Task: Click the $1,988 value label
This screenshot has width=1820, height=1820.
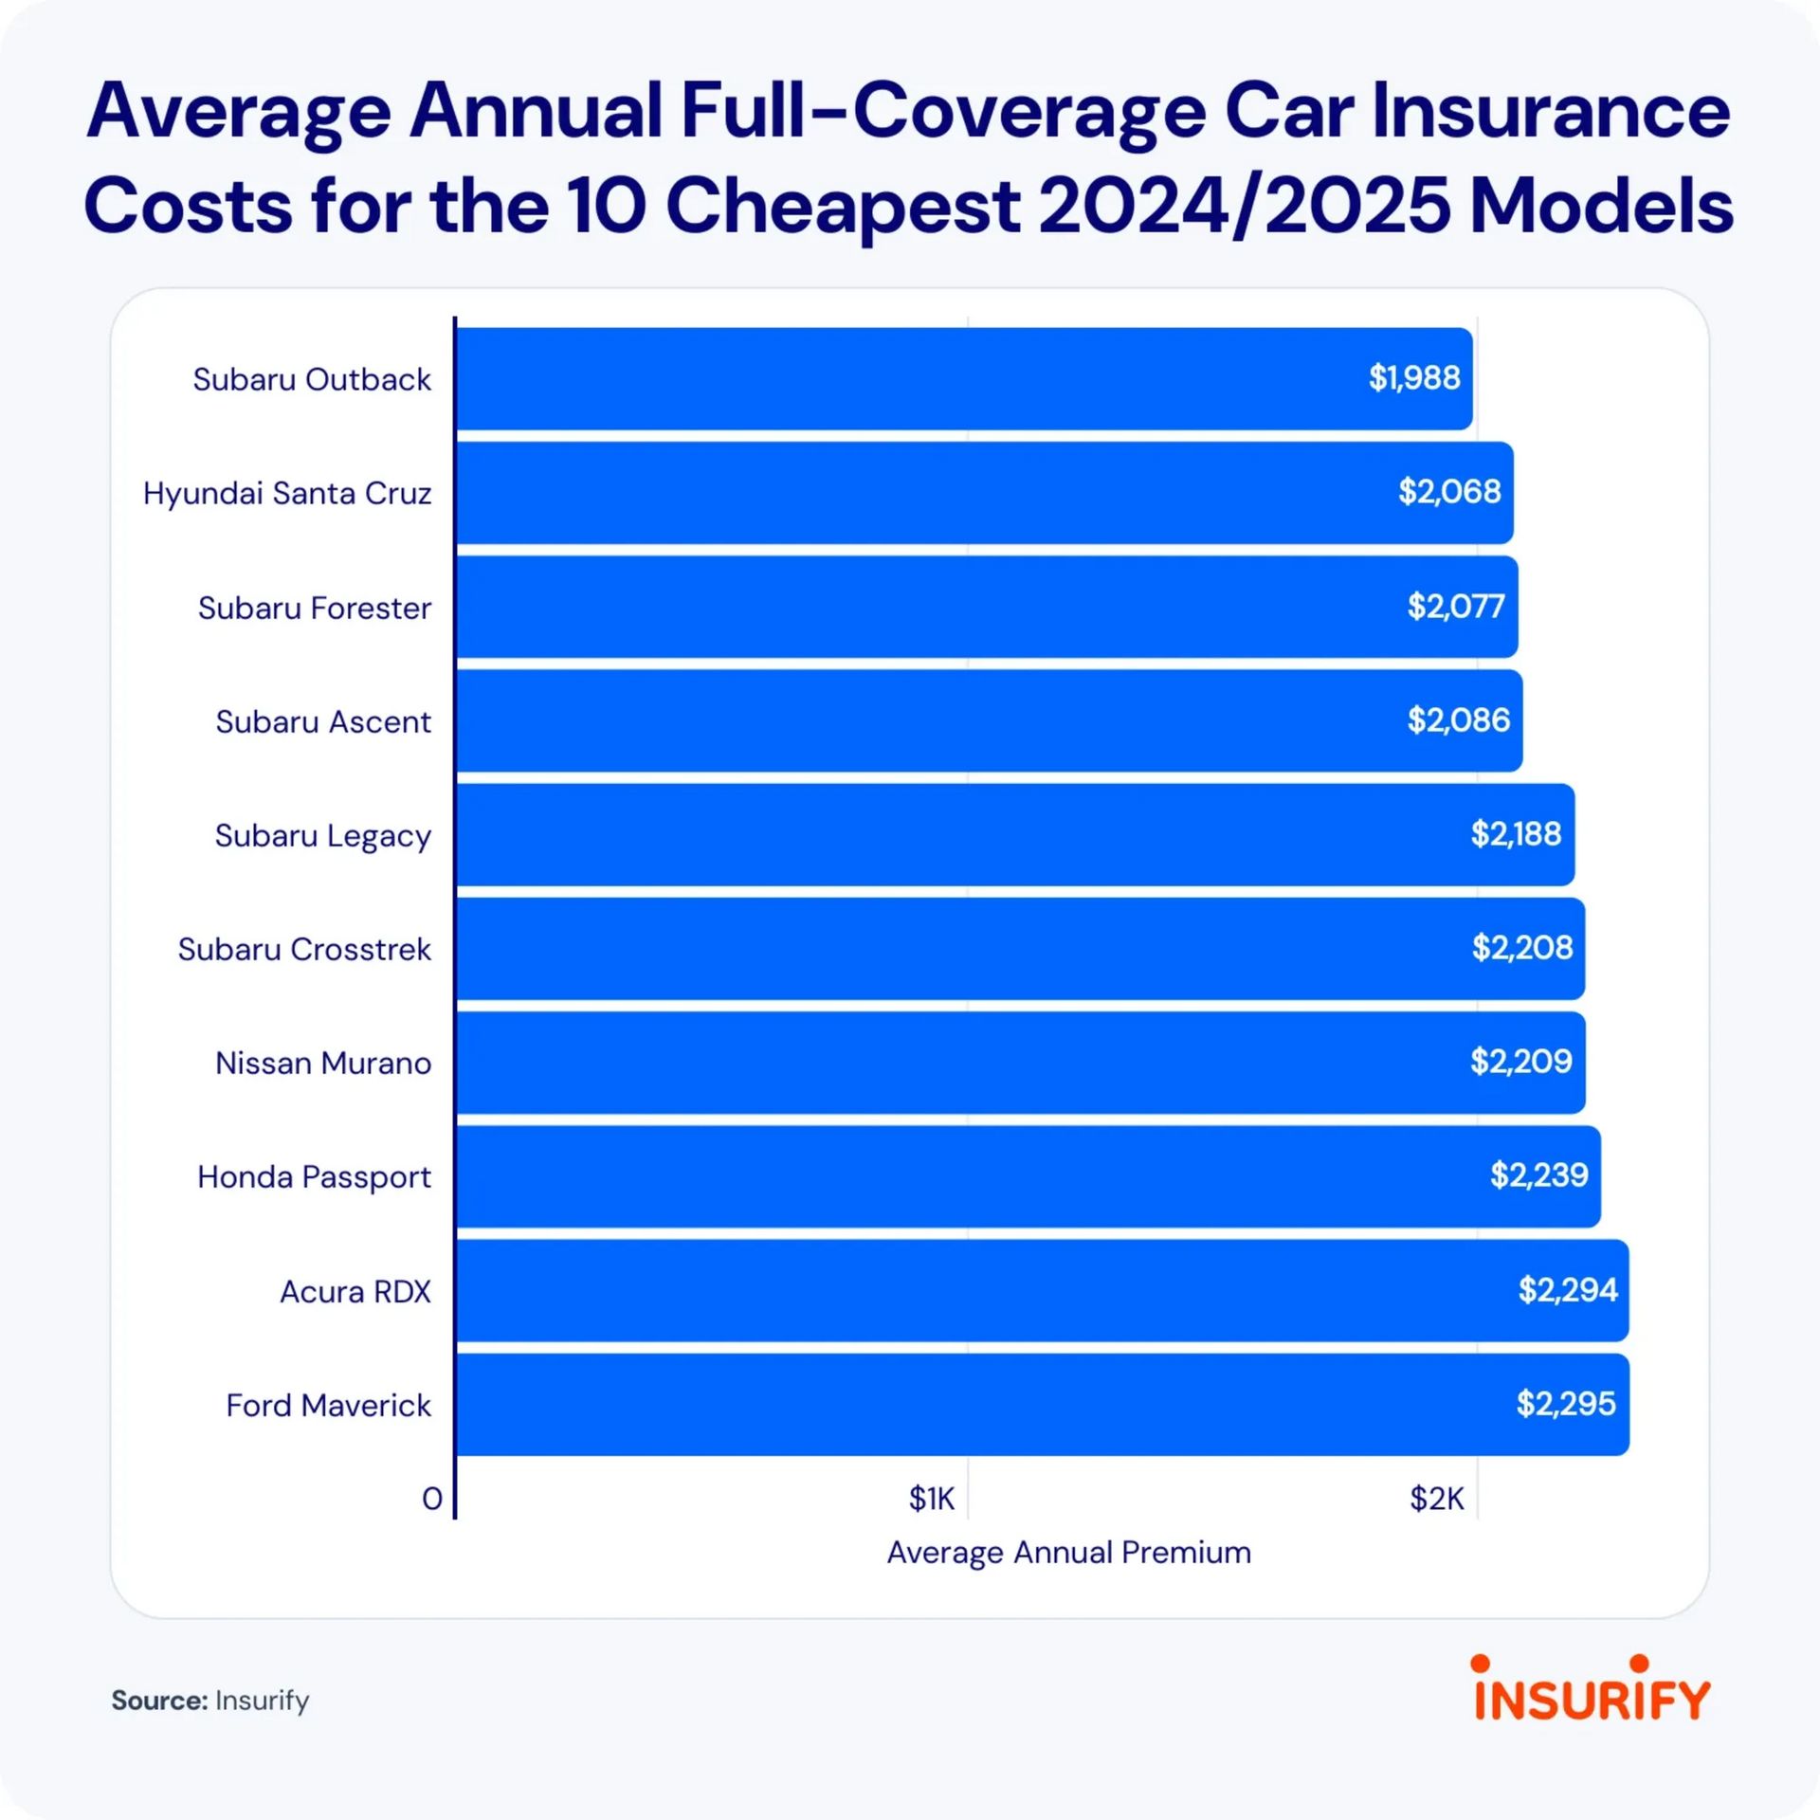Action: (1413, 378)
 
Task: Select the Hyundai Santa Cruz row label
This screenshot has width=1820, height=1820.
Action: (287, 494)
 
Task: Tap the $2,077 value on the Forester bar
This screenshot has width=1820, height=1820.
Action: (1455, 606)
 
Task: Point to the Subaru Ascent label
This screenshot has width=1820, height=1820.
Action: (323, 722)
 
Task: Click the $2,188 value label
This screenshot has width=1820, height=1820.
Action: (1515, 834)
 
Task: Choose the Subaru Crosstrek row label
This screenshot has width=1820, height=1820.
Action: (304, 950)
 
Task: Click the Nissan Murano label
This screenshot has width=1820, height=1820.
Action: (323, 1064)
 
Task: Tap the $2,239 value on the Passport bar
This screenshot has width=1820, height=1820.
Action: (1538, 1175)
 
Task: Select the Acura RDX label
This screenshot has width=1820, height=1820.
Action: (355, 1292)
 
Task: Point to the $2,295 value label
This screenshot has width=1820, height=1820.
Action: (1566, 1404)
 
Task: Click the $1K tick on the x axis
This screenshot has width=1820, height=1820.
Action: (932, 1499)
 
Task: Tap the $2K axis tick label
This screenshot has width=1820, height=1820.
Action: (1436, 1499)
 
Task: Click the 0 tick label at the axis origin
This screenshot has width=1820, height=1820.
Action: (432, 1499)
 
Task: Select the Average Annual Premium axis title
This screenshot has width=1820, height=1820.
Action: (1068, 1553)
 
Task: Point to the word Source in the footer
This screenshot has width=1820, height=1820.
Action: (158, 1701)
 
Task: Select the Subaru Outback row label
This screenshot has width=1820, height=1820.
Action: (312, 380)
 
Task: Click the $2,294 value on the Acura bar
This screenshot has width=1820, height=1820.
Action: (1567, 1290)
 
